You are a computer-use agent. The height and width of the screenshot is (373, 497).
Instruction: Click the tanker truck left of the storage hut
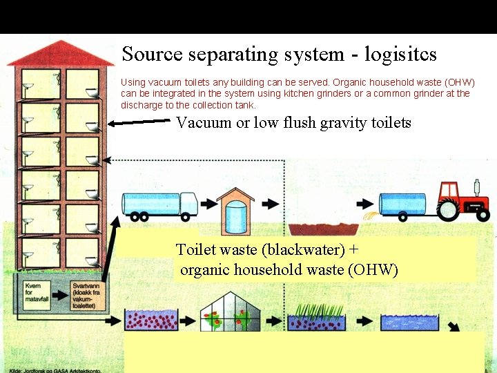tap(159, 204)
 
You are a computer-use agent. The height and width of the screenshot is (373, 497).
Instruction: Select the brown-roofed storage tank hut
tap(235, 211)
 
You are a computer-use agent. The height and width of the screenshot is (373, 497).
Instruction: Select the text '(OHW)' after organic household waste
tap(373, 269)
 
